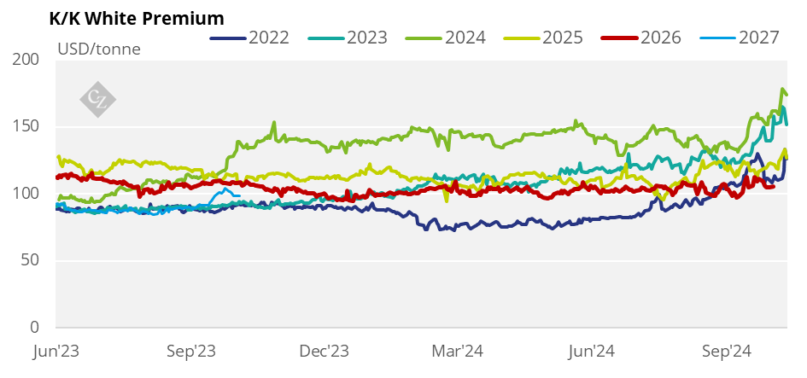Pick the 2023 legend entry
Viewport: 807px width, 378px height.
click(x=366, y=38)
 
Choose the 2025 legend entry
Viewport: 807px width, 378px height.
click(x=562, y=38)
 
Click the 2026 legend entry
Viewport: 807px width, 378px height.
click(x=660, y=38)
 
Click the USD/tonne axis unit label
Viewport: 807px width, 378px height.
click(x=99, y=49)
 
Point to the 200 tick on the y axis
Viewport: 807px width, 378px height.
click(x=26, y=60)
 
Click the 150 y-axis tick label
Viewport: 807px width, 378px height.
click(x=26, y=127)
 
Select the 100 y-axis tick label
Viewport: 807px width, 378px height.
click(x=26, y=194)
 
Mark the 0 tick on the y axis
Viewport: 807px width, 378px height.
click(x=35, y=328)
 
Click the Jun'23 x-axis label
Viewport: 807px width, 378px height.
click(x=56, y=351)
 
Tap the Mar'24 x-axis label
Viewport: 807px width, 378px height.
click(x=459, y=351)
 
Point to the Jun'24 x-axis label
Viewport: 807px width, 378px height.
click(x=593, y=351)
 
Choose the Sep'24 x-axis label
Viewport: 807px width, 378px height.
click(x=727, y=351)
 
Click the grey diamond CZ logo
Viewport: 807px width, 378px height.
click(x=97, y=96)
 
